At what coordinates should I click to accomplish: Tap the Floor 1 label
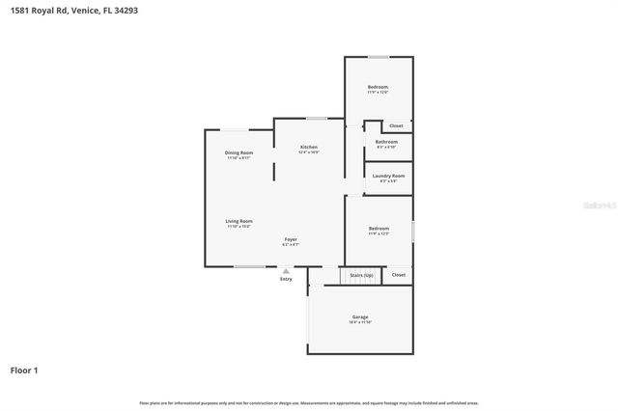pyautogui.click(x=24, y=370)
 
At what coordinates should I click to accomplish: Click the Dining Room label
pyautogui.click(x=239, y=152)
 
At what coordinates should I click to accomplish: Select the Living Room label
pyautogui.click(x=239, y=221)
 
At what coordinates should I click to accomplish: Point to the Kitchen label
pyautogui.click(x=308, y=147)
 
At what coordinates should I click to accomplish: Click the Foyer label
pyautogui.click(x=290, y=238)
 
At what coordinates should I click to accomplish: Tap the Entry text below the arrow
pyautogui.click(x=286, y=279)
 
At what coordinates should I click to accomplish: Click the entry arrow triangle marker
pyautogui.click(x=286, y=271)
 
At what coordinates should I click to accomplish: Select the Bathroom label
pyautogui.click(x=386, y=142)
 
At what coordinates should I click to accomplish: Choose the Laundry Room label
pyautogui.click(x=388, y=176)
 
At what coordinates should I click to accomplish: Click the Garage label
pyautogui.click(x=360, y=317)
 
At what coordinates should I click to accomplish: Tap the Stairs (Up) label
pyautogui.click(x=361, y=275)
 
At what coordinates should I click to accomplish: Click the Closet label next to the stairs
pyautogui.click(x=398, y=275)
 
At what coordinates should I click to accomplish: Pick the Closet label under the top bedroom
pyautogui.click(x=395, y=126)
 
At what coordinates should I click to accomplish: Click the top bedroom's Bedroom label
pyautogui.click(x=378, y=88)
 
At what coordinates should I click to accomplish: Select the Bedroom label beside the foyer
pyautogui.click(x=379, y=229)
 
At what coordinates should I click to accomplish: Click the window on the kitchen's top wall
pyautogui.click(x=316, y=118)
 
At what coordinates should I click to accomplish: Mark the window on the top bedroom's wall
pyautogui.click(x=379, y=56)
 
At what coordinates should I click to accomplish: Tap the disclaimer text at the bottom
pyautogui.click(x=309, y=402)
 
